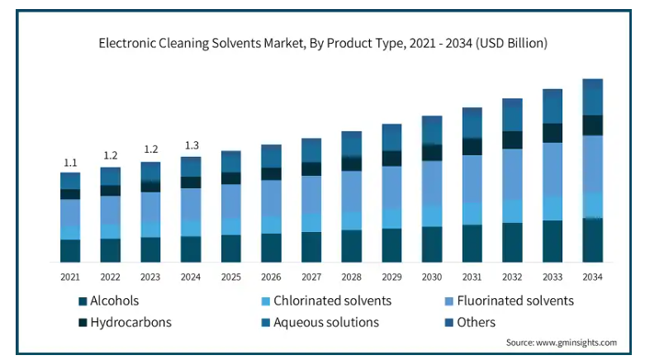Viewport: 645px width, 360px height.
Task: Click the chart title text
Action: tap(323, 43)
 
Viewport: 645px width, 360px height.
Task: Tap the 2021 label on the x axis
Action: tap(70, 277)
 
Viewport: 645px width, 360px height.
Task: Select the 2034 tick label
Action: tap(592, 277)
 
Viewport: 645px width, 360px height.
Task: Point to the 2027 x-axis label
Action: tap(311, 277)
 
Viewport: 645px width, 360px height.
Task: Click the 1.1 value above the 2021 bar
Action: tap(70, 163)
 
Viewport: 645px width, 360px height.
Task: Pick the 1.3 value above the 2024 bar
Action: tap(192, 145)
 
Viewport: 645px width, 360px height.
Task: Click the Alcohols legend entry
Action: tap(109, 301)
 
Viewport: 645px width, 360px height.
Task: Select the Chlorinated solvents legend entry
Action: tap(326, 301)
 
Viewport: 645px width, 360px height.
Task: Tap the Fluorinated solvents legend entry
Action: tap(510, 301)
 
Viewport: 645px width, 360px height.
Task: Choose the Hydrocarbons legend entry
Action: tap(125, 322)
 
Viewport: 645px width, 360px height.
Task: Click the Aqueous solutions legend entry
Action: tap(320, 322)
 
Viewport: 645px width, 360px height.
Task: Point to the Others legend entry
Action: tap(470, 322)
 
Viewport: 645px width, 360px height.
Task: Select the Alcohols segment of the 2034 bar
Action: tap(593, 240)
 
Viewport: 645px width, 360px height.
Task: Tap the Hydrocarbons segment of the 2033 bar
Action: tap(553, 133)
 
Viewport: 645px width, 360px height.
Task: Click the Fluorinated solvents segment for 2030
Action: tap(432, 182)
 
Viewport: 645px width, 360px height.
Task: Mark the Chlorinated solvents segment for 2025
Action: tap(231, 226)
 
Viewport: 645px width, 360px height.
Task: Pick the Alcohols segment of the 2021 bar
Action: tap(70, 250)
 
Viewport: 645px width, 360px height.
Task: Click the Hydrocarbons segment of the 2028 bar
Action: tap(352, 163)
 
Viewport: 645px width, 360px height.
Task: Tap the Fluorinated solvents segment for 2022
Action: tap(111, 210)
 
